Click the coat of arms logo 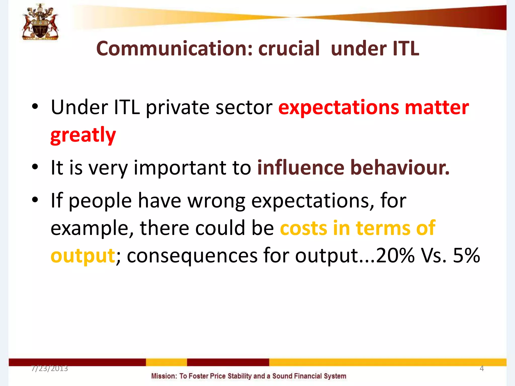pyautogui.click(x=40, y=22)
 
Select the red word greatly pyautogui.click(x=83, y=135)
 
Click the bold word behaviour pyautogui.click(x=400, y=168)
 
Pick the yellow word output pyautogui.click(x=82, y=256)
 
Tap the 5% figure pyautogui.click(x=466, y=255)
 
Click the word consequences pyautogui.click(x=192, y=256)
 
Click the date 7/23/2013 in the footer pyautogui.click(x=50, y=368)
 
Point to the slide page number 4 pyautogui.click(x=482, y=368)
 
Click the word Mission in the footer pyautogui.click(x=164, y=376)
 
